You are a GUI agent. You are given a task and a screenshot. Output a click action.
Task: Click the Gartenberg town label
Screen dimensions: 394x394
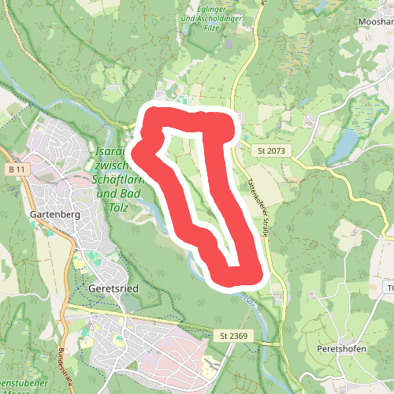[50, 214]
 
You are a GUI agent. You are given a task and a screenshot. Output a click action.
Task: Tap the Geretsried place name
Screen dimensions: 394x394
[114, 288]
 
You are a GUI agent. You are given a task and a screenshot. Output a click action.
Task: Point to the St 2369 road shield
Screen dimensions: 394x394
[233, 336]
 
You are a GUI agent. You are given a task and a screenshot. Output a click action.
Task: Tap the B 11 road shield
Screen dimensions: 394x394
[18, 170]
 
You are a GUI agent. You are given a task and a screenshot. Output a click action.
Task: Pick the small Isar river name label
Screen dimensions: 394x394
[248, 300]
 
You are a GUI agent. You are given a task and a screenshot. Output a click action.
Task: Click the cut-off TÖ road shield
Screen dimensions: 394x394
[389, 288]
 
